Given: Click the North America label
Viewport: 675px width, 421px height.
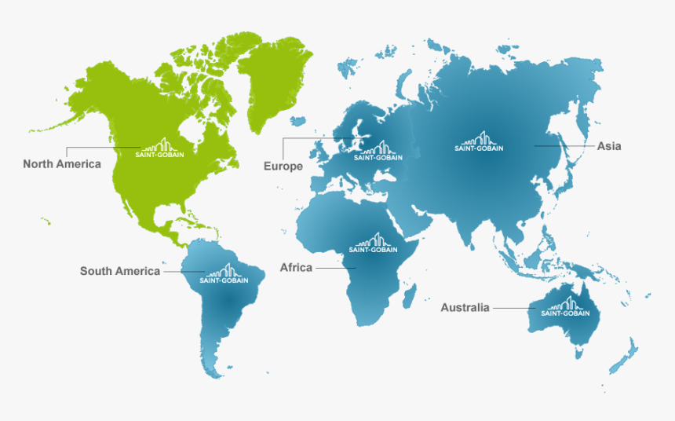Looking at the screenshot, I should coord(62,164).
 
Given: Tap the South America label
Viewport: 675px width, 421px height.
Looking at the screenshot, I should coord(120,271).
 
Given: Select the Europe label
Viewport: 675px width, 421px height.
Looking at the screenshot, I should coord(283,167).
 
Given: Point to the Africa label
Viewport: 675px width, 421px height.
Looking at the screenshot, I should coord(296,268).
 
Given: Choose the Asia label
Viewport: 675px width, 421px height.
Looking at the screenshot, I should coord(609,146).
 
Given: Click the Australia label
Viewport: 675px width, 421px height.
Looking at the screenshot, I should coord(465,307).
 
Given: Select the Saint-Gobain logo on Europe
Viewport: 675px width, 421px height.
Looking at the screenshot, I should coord(378,152).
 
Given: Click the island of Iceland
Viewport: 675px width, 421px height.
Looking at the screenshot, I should coord(297,122).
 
